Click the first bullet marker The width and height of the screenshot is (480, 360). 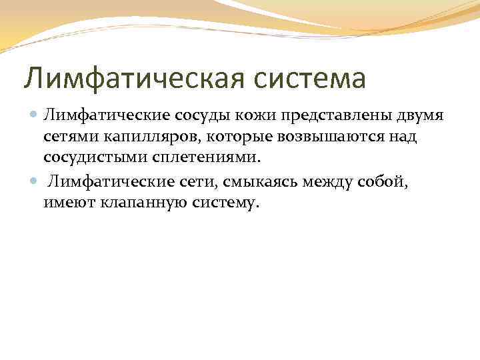point(35,116)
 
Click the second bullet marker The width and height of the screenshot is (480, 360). point(35,180)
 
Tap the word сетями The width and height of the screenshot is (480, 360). point(68,138)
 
